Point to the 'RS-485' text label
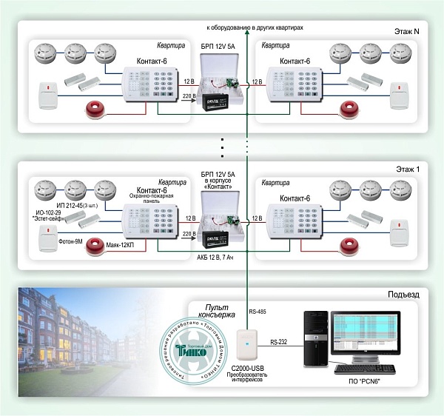(x=258, y=313)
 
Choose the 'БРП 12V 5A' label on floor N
(x=218, y=45)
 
